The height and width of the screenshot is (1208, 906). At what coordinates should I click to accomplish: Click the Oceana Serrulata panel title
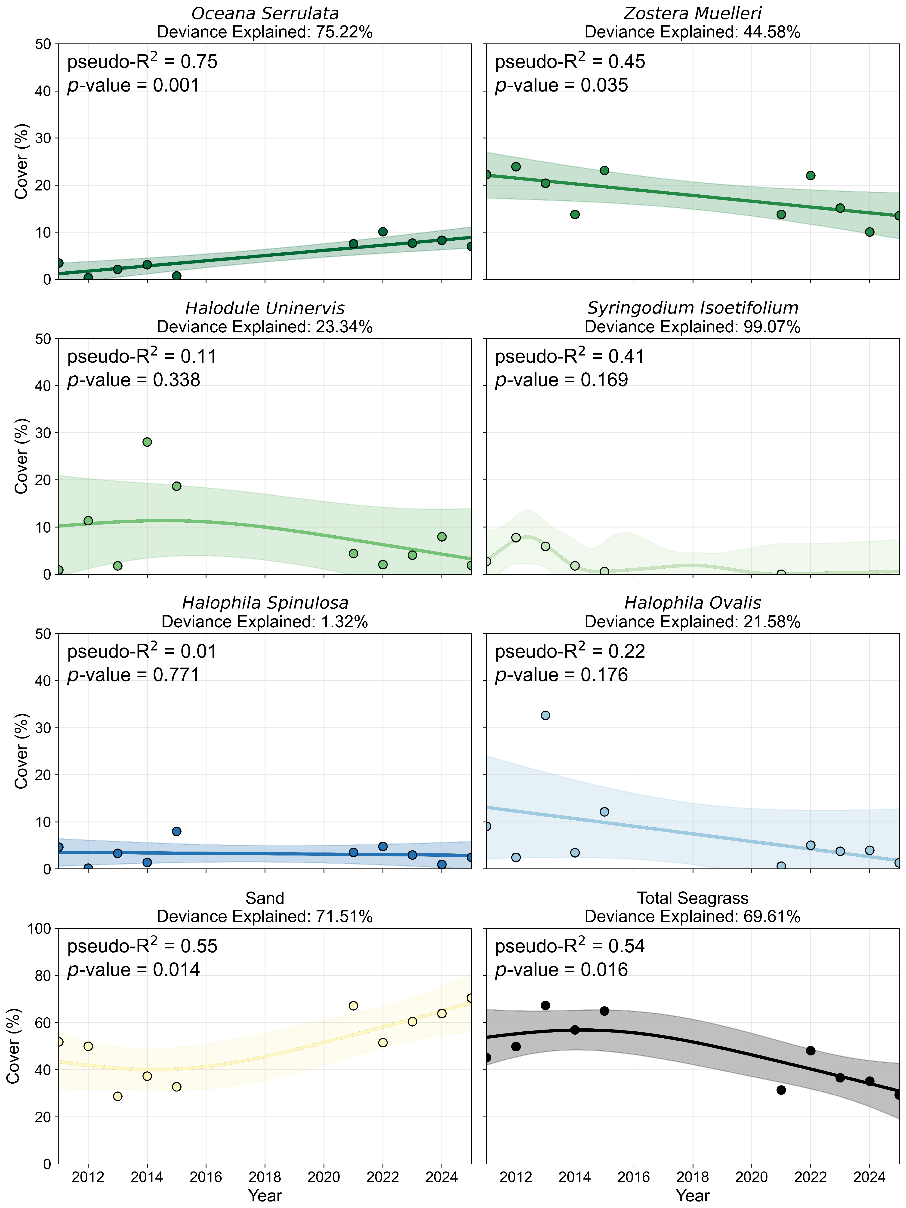[265, 14]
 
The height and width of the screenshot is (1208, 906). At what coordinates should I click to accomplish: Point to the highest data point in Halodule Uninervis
[147, 442]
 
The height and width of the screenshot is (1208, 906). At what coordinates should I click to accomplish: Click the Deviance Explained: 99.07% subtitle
[692, 327]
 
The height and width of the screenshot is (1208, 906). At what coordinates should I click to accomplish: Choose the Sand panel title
[265, 898]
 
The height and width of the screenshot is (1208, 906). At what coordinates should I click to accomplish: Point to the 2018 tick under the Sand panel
[265, 1174]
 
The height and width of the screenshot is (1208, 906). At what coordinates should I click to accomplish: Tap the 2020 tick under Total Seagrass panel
[752, 1174]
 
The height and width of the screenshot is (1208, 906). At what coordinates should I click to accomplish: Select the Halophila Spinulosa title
[265, 603]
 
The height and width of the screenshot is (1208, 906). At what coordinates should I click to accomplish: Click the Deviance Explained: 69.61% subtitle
[692, 917]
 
